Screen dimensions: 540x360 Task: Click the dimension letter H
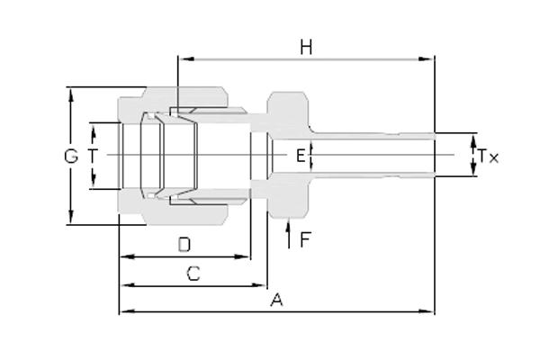[x=306, y=47]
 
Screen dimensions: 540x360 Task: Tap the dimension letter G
[x=71, y=156]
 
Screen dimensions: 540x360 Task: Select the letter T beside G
[x=93, y=156]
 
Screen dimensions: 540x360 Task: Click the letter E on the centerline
[x=301, y=156]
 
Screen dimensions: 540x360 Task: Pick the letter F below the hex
[x=305, y=239]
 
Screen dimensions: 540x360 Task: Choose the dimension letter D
[x=184, y=245]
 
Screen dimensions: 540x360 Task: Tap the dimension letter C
[x=193, y=274]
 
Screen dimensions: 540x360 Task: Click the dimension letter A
[x=276, y=300]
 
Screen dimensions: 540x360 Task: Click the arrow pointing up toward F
[x=289, y=233]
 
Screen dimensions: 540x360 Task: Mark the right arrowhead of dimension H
[x=426, y=58]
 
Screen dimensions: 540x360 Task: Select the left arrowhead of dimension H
[x=187, y=58]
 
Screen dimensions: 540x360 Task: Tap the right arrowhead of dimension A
[x=426, y=311]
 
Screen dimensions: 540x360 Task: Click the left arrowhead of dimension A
[x=128, y=311]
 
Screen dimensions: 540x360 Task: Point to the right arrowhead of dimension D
[x=242, y=256]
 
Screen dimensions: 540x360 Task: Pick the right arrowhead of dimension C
[x=258, y=285]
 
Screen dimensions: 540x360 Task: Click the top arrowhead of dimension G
[x=71, y=95]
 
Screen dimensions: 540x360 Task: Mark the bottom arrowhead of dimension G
[x=71, y=216]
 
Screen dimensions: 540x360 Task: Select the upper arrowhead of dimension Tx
[x=473, y=141]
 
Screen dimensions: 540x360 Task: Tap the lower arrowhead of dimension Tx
[x=473, y=168]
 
